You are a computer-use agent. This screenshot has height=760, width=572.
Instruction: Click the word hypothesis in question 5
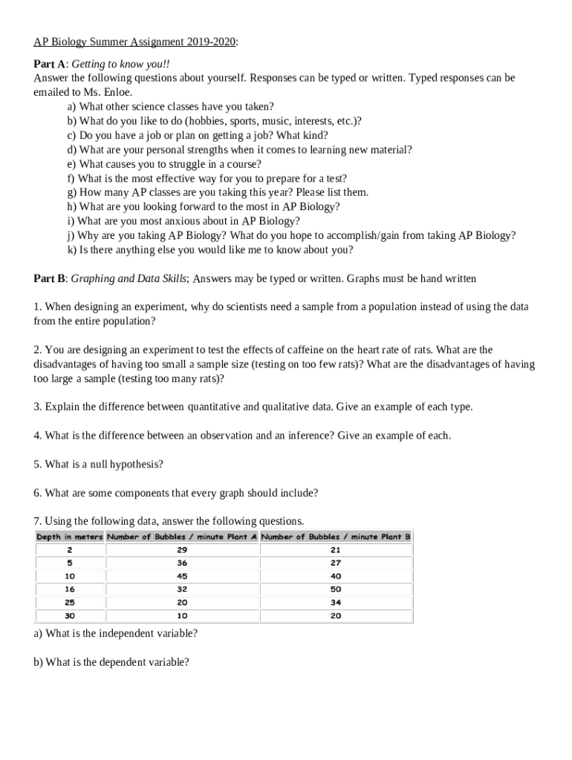(136, 465)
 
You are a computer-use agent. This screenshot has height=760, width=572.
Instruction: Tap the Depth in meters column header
(69, 537)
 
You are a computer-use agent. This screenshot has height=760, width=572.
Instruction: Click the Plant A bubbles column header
(182, 537)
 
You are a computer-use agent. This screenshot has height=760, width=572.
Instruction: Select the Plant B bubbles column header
(336, 537)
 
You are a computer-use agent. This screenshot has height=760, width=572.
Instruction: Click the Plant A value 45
(182, 576)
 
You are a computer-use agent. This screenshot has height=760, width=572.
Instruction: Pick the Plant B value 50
(336, 589)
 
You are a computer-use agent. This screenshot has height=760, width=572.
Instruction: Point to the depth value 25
(69, 603)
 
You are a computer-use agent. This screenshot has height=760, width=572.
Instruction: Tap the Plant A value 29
(182, 550)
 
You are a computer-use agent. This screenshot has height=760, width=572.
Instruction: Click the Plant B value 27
(336, 563)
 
